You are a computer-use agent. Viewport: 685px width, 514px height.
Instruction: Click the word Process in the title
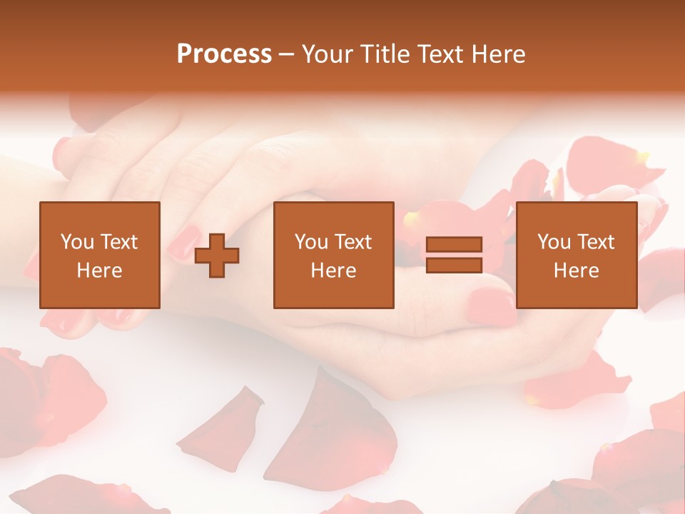[x=224, y=54]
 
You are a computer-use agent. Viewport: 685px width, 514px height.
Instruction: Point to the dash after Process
[x=287, y=55]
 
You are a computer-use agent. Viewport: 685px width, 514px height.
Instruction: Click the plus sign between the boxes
[x=217, y=255]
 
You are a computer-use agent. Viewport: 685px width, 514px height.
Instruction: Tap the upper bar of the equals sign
[x=454, y=245]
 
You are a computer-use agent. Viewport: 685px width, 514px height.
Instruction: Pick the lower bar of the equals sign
[x=454, y=265]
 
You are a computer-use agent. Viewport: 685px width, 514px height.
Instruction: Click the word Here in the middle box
[x=333, y=271]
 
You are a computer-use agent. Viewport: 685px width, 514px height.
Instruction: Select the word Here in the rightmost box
[x=576, y=271]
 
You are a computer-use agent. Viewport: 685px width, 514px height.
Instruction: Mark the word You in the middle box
[x=311, y=241]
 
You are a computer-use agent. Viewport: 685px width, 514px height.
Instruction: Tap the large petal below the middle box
[x=335, y=428]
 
